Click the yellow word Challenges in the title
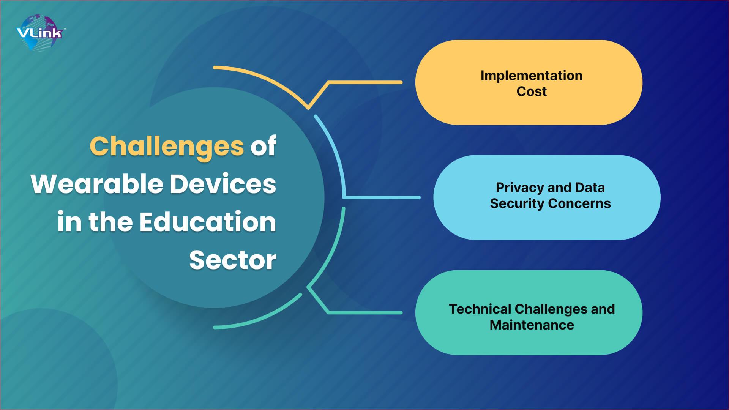click(166, 146)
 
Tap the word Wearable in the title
click(97, 184)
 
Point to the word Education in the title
click(207, 222)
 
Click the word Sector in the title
click(233, 260)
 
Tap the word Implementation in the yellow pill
click(531, 76)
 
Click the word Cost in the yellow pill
click(531, 91)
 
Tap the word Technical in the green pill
click(480, 309)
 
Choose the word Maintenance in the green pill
click(531, 325)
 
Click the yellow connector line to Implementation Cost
click(364, 82)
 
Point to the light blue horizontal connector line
click(382, 197)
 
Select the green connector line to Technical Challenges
click(364, 312)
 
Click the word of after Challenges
click(263, 146)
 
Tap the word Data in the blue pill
click(589, 188)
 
